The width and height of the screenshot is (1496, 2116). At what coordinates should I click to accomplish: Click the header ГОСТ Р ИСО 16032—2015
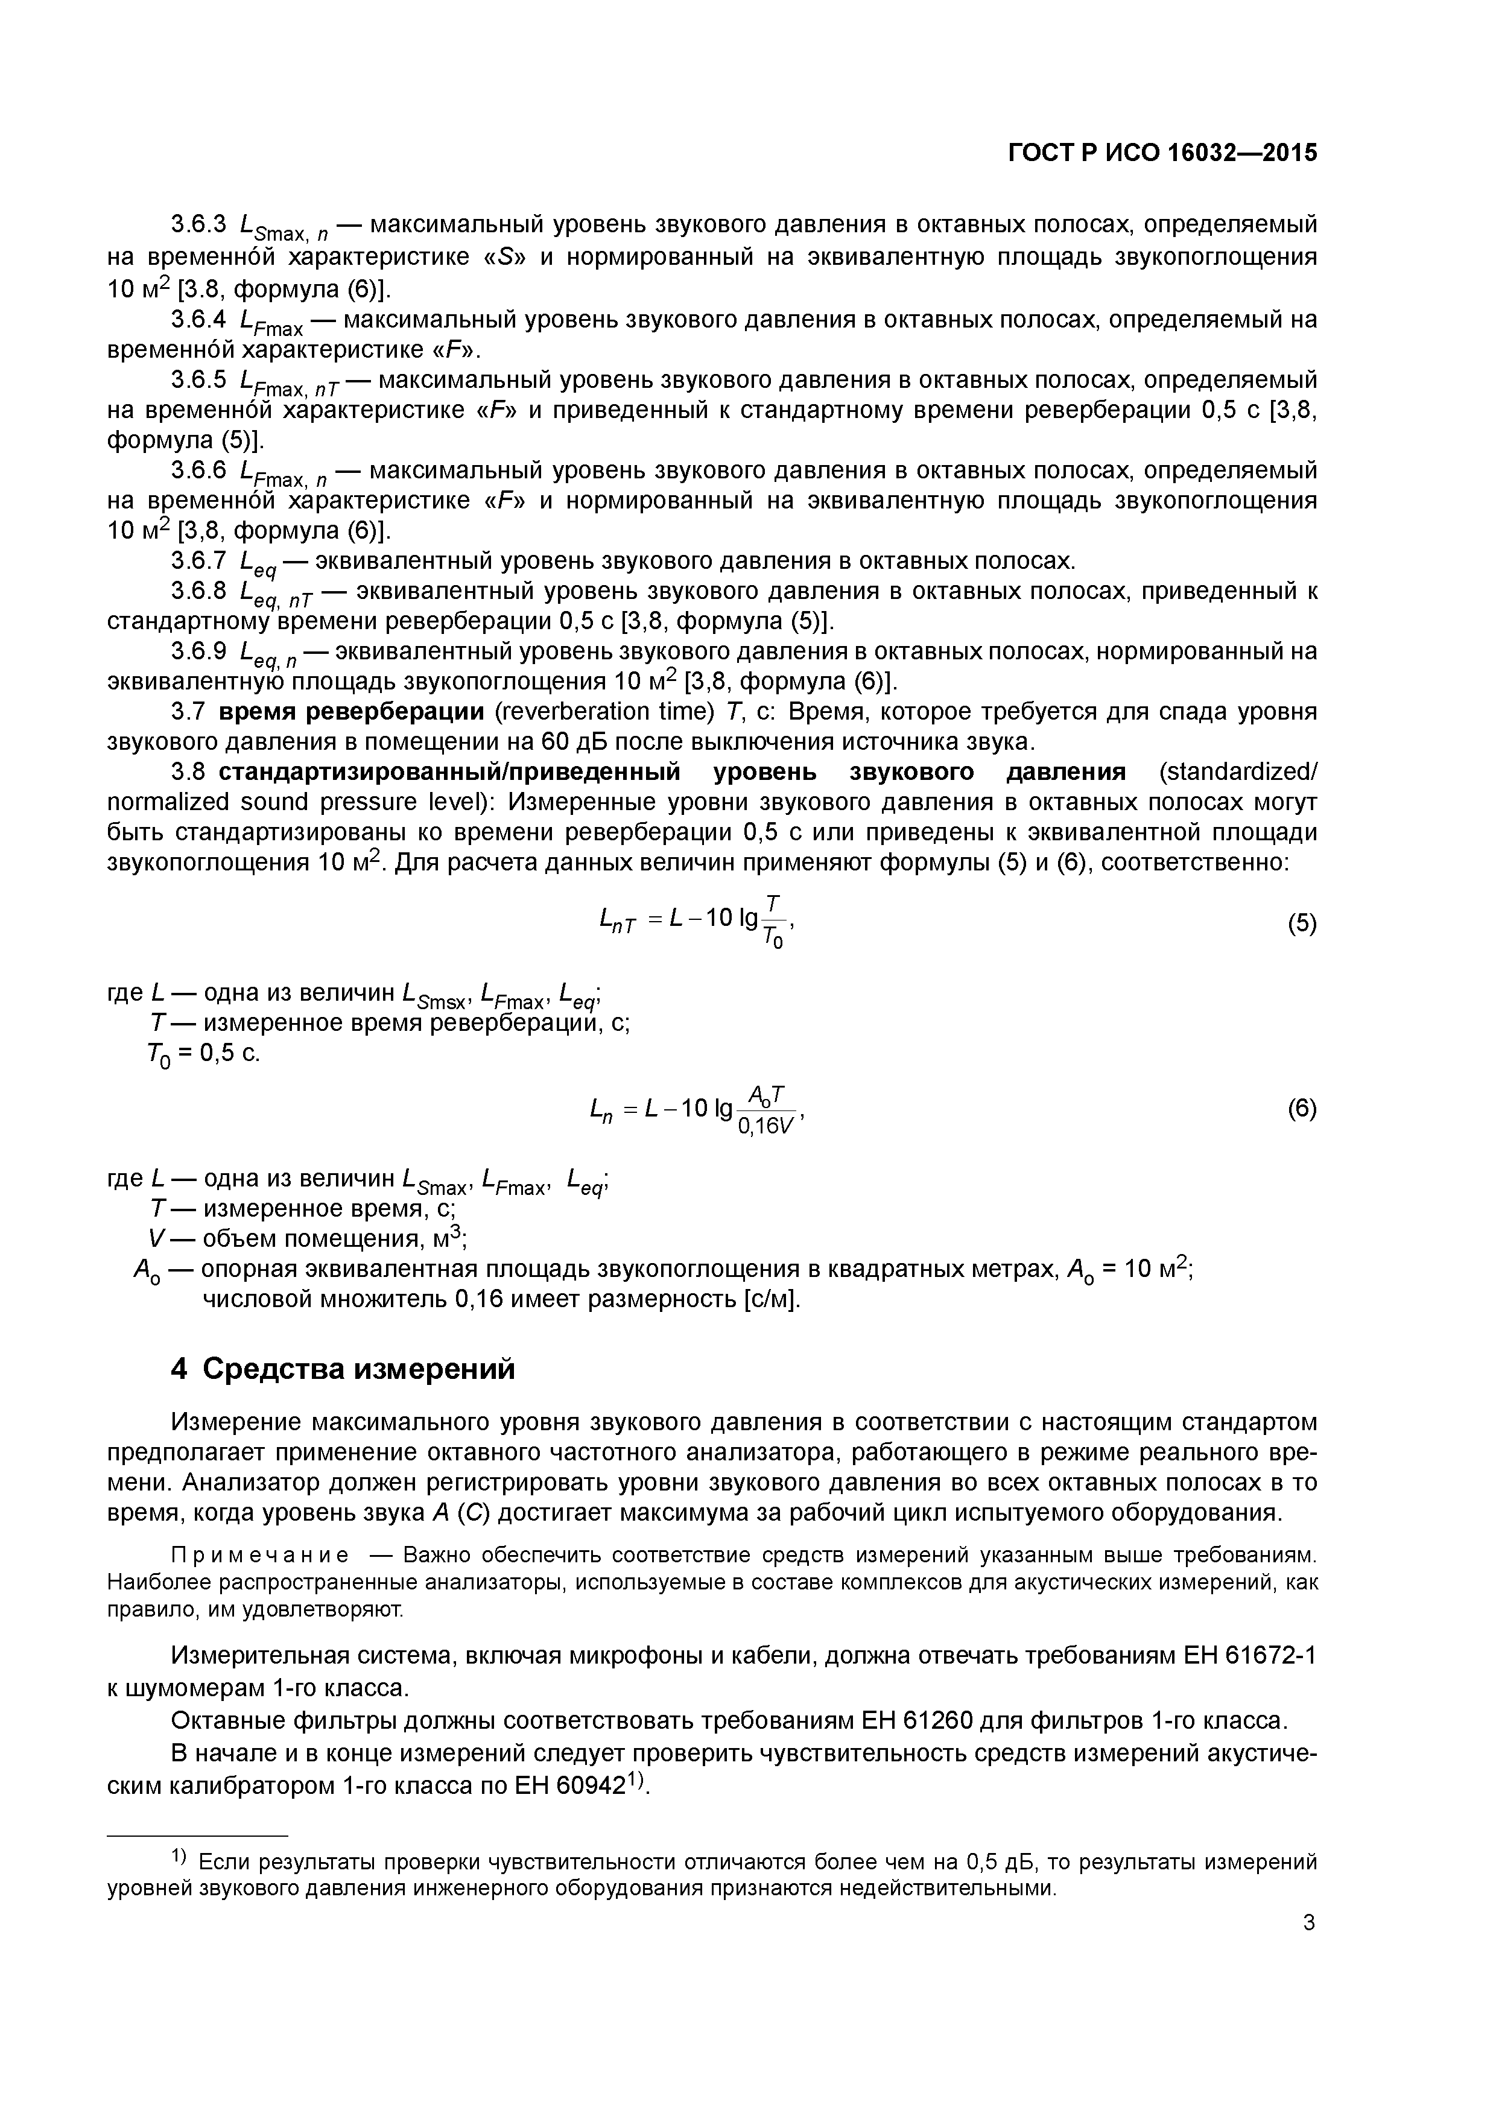point(1162,153)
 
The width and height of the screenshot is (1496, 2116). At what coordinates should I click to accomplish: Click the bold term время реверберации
point(351,712)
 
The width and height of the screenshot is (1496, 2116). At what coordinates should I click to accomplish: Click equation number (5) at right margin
point(1302,923)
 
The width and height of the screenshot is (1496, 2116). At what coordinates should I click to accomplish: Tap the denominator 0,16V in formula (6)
point(765,1126)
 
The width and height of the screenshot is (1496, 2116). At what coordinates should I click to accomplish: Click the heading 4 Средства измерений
point(343,1369)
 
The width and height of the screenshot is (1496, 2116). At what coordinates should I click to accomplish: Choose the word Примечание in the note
point(261,1556)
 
